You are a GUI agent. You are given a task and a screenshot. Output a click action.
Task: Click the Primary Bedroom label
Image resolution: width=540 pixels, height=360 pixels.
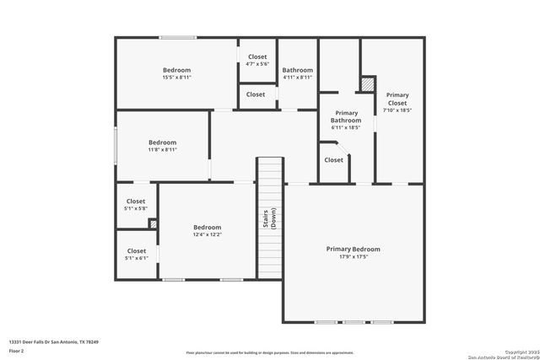pyautogui.click(x=354, y=250)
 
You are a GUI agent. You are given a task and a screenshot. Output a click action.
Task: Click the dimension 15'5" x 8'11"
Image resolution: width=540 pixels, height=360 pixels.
pyautogui.click(x=176, y=78)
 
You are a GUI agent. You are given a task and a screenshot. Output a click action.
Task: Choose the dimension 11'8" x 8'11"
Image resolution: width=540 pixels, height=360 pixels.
pyautogui.click(x=162, y=150)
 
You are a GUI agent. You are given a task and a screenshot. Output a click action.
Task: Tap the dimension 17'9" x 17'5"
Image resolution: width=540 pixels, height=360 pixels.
pyautogui.click(x=354, y=257)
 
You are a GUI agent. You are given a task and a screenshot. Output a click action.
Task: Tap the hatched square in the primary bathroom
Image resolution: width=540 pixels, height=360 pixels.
pyautogui.click(x=368, y=84)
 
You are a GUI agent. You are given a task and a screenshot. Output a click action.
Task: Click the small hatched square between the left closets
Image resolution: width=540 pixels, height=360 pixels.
pyautogui.click(x=153, y=224)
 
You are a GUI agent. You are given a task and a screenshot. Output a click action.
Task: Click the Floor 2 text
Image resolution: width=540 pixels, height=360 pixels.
pyautogui.click(x=17, y=350)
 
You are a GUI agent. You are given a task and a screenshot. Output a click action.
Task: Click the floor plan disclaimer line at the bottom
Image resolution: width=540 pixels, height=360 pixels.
pyautogui.click(x=270, y=352)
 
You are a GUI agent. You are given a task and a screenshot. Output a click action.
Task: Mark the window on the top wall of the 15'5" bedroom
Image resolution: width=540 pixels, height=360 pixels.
pyautogui.click(x=178, y=37)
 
